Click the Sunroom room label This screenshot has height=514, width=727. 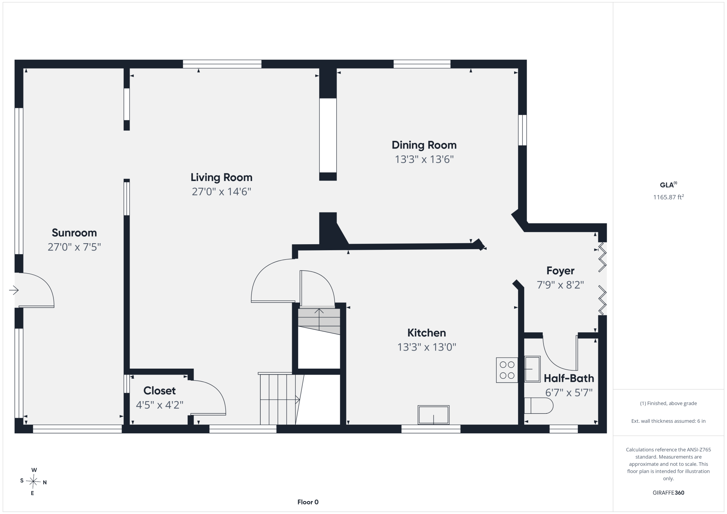tap(74, 233)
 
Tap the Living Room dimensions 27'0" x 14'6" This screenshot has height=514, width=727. tap(222, 191)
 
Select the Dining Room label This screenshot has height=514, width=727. tap(424, 145)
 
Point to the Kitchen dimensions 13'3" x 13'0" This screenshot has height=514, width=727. tap(427, 347)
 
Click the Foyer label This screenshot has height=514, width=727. tap(560, 271)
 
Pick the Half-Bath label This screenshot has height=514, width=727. tap(569, 378)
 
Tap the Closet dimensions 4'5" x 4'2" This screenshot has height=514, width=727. tap(160, 405)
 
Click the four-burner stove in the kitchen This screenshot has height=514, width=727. tap(507, 370)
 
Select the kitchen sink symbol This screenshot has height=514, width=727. tap(433, 415)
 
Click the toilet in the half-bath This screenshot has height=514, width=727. tap(539, 406)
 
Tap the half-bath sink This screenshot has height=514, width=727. tap(532, 369)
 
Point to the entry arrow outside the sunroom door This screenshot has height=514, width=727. tap(14, 290)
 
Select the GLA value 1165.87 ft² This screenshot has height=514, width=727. tap(668, 197)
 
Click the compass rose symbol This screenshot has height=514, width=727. tap(34, 482)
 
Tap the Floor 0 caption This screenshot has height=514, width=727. tap(308, 502)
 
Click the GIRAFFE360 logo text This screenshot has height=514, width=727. tap(668, 493)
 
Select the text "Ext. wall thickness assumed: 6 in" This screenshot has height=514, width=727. tap(668, 421)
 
